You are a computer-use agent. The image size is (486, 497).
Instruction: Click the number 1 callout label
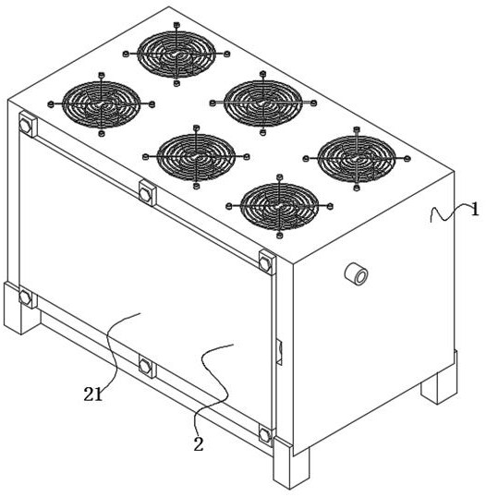coord(474,210)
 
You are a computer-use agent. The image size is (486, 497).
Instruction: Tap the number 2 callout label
coord(199,444)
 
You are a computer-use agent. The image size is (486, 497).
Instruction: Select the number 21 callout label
coord(93,394)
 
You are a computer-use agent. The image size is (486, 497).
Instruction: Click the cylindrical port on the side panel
coord(356,274)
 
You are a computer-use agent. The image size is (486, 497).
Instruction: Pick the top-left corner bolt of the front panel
coord(27,124)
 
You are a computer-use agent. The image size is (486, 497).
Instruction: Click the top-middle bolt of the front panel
coord(148,193)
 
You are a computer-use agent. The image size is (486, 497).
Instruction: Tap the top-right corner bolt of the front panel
coord(267,262)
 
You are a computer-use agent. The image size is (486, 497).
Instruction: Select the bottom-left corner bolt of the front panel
coord(27,297)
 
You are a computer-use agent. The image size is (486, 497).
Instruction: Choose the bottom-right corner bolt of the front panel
coord(266,435)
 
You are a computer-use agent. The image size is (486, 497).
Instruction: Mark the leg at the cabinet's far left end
coord(21,309)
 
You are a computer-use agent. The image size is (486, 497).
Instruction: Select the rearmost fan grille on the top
coord(176,55)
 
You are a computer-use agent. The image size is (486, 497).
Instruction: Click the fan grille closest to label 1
coord(357,159)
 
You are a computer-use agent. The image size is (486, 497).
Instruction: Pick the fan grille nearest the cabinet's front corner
coord(279,206)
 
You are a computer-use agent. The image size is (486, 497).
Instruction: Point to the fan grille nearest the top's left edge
coord(102,104)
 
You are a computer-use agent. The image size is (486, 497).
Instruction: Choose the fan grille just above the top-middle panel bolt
coord(196,157)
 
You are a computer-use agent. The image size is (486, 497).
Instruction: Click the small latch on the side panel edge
coord(280,351)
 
